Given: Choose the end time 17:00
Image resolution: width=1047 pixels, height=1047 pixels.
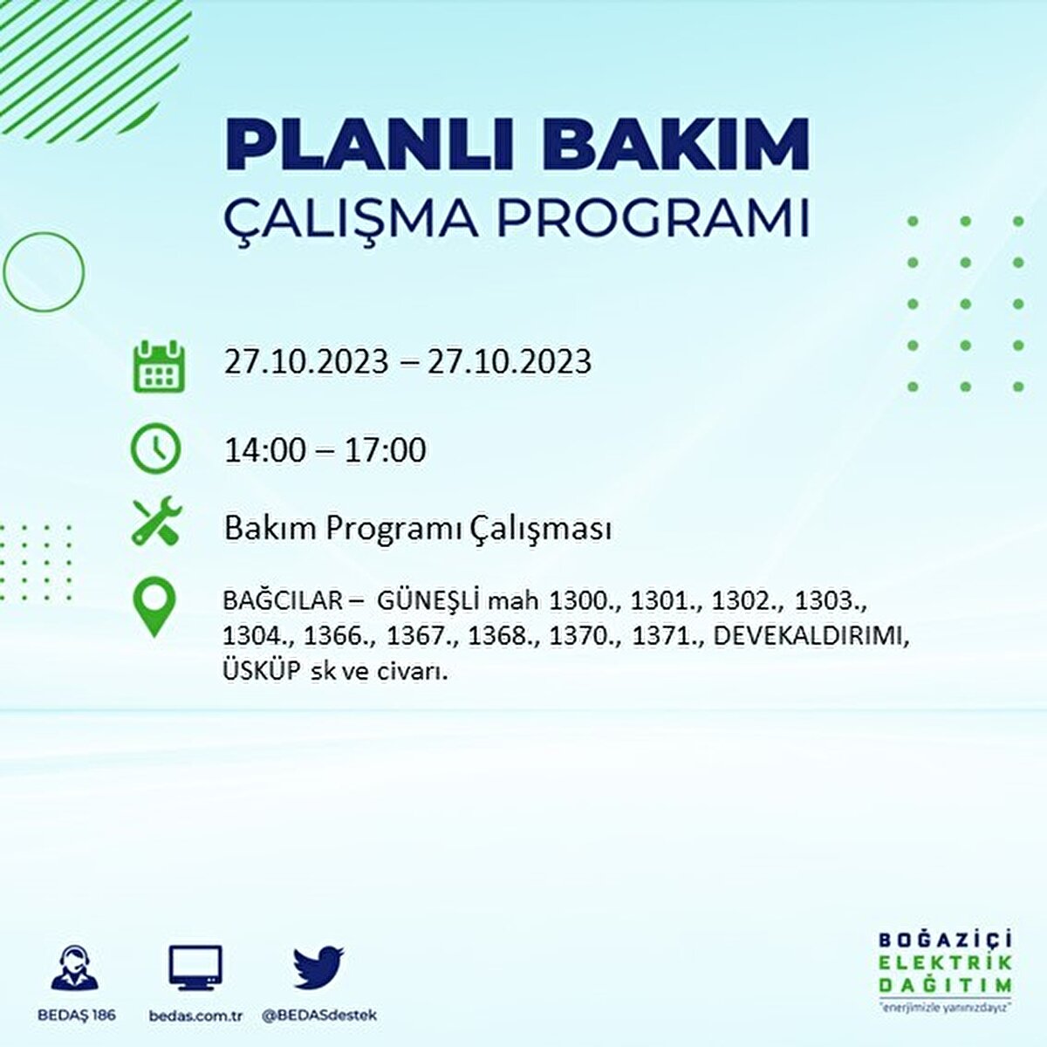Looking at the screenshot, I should pyautogui.click(x=385, y=450).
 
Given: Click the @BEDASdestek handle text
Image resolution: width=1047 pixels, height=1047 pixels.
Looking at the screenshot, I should pyautogui.click(x=319, y=1016).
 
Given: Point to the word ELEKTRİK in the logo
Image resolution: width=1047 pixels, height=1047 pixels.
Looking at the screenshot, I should pyautogui.click(x=946, y=962).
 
